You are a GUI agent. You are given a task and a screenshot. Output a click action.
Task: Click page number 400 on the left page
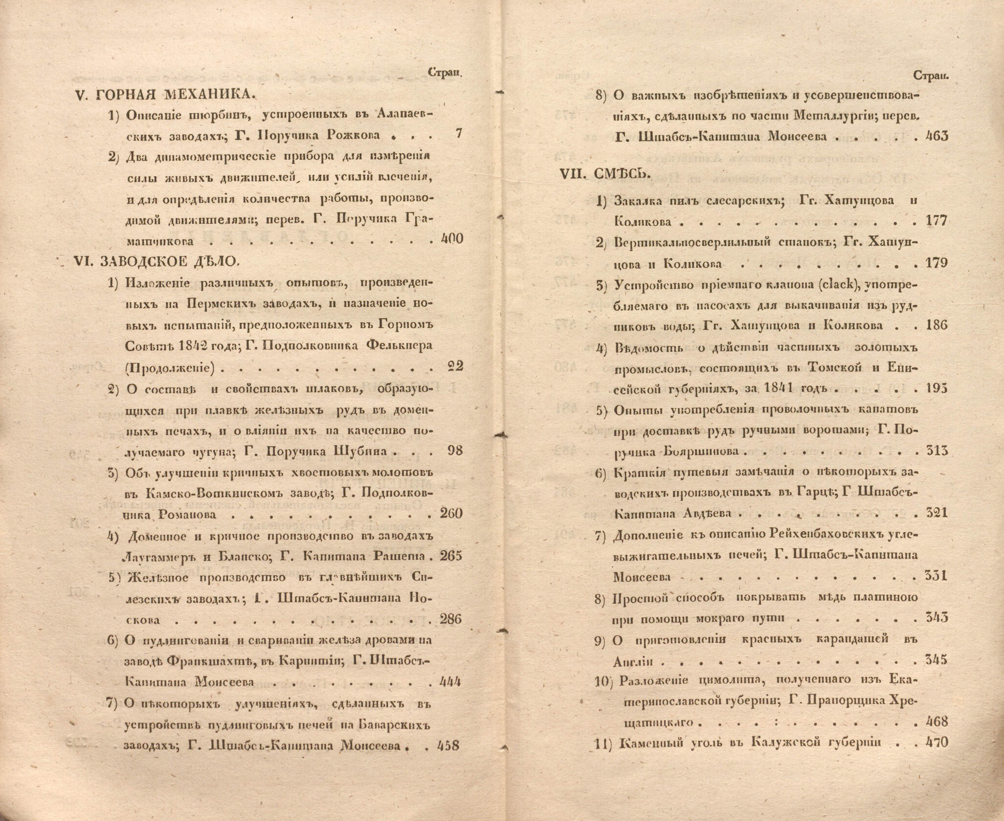click(451, 239)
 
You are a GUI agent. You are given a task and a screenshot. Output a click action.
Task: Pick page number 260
click(451, 513)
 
